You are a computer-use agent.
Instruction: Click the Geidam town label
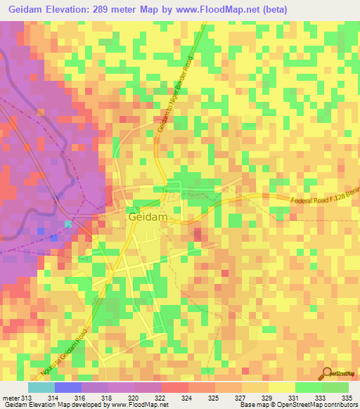click(148, 218)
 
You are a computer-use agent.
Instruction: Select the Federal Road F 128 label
click(323, 206)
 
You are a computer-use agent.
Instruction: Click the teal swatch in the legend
click(41, 387)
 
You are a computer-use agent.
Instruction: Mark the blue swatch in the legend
click(68, 387)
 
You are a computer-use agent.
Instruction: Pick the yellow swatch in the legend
click(282, 387)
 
